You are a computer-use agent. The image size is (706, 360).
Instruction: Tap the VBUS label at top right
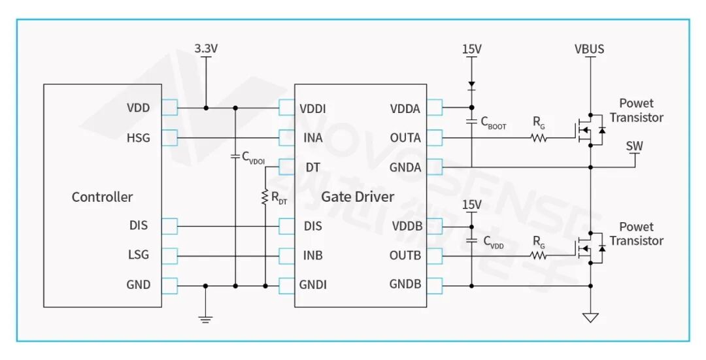tap(589, 49)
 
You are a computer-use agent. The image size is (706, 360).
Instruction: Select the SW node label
tap(634, 146)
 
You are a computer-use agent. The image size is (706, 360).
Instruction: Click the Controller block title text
tap(102, 197)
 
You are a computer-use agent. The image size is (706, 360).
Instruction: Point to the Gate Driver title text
tap(358, 197)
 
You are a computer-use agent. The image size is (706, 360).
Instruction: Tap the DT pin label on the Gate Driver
tap(312, 167)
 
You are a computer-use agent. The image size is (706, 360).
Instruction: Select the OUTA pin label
tap(405, 138)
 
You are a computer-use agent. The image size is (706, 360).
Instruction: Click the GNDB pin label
tap(405, 284)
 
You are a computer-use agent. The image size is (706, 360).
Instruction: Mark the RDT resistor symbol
tap(265, 197)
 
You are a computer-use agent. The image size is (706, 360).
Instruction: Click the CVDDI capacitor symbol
tap(235, 156)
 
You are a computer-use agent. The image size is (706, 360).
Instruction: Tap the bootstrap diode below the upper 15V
tap(471, 85)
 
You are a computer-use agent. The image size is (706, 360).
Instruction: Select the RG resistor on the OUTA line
tap(539, 138)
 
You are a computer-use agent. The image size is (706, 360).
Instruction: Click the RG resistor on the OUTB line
tap(539, 255)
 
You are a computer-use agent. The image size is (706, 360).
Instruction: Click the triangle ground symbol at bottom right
tap(590, 318)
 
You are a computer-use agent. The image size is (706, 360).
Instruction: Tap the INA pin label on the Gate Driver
tap(312, 138)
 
